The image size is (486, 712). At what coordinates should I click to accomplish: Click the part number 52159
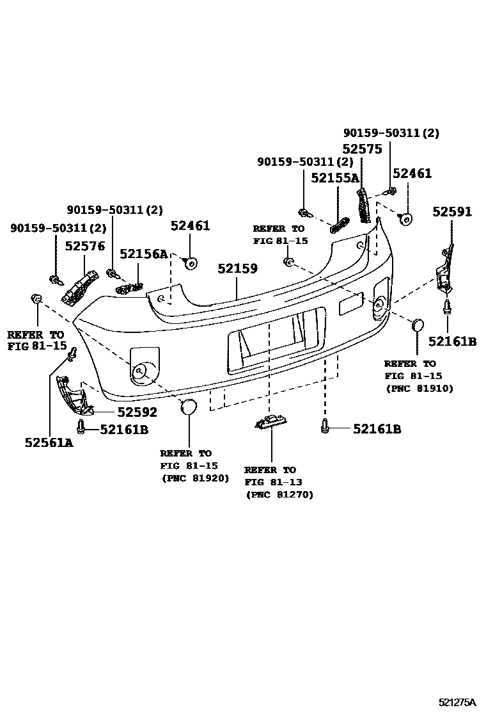click(x=237, y=268)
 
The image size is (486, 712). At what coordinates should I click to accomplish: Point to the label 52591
click(x=452, y=212)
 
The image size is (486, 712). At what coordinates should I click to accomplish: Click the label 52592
click(x=137, y=413)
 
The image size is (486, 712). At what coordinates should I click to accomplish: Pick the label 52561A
click(x=49, y=442)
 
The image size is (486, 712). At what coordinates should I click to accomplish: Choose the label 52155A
click(x=335, y=178)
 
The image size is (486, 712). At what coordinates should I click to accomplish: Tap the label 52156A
click(x=143, y=254)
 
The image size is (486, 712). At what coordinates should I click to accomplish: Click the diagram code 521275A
click(x=459, y=702)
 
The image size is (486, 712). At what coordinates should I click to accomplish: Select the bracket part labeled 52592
click(x=74, y=397)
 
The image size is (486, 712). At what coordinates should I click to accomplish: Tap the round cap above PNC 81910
click(x=417, y=325)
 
